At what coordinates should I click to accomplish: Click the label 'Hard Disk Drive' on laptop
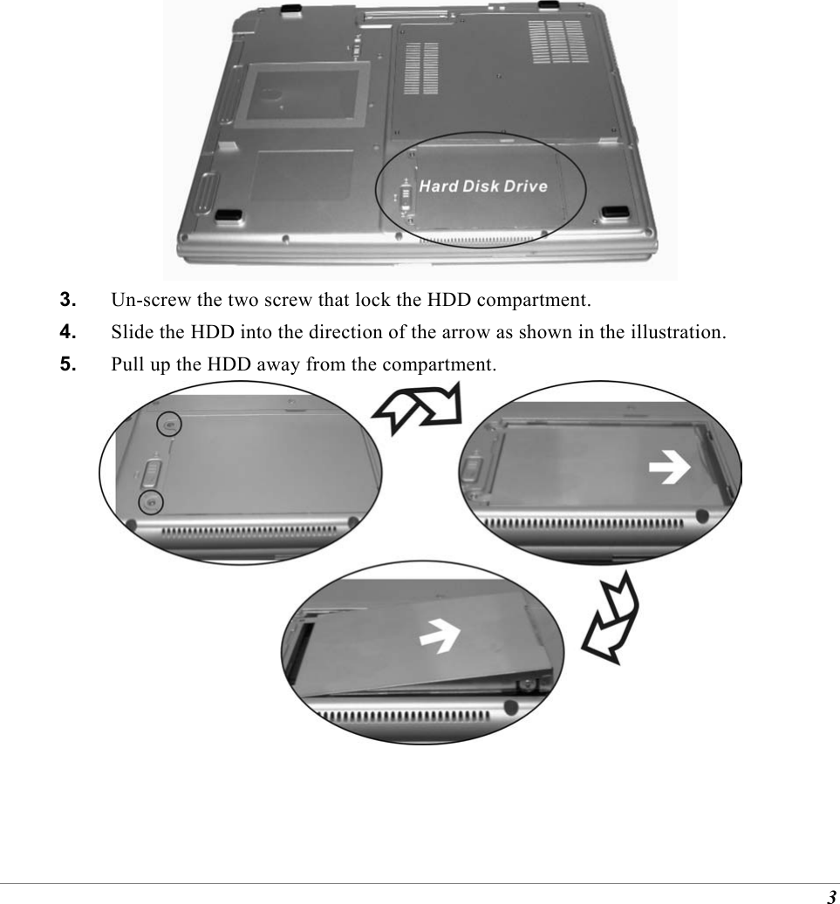(482, 186)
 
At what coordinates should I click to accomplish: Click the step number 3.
(66, 301)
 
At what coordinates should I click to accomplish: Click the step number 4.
(66, 332)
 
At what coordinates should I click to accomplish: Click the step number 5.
(66, 364)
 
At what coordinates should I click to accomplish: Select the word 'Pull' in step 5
(126, 364)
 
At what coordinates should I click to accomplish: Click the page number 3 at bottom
(831, 897)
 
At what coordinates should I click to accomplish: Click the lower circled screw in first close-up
(152, 502)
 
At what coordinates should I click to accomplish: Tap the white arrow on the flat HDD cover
(671, 470)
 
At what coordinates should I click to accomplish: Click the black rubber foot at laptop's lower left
(229, 214)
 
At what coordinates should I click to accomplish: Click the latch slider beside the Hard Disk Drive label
(403, 194)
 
